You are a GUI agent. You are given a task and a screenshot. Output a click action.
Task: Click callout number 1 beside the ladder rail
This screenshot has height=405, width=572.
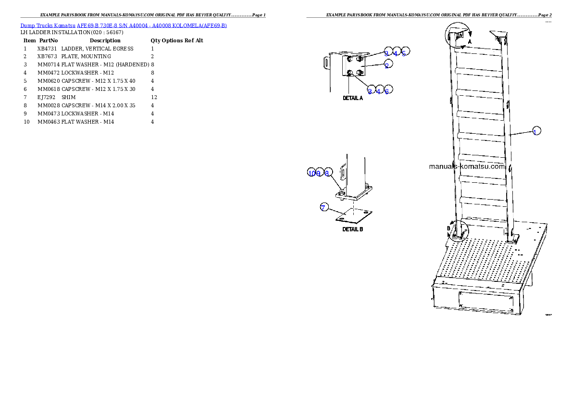click(536, 131)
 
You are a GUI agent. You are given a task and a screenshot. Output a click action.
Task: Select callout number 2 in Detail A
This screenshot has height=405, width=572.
click(387, 66)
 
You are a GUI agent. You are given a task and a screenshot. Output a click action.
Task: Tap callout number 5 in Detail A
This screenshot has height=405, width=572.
click(404, 53)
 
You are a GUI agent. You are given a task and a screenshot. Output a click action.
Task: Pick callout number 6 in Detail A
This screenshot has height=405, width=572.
click(387, 90)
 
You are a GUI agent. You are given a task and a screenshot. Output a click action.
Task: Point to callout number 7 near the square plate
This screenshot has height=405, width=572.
click(323, 207)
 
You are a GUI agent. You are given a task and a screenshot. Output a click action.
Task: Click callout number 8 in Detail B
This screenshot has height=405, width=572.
click(327, 173)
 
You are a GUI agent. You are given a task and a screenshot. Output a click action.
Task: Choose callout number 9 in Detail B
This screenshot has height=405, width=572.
click(319, 173)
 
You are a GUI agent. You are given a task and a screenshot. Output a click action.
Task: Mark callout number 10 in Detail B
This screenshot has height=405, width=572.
click(311, 173)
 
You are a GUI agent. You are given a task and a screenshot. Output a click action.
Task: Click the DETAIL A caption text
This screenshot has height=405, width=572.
click(353, 98)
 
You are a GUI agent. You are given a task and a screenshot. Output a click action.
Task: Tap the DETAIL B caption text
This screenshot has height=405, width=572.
click(352, 229)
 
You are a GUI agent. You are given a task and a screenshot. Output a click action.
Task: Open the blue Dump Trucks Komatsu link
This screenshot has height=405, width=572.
click(124, 25)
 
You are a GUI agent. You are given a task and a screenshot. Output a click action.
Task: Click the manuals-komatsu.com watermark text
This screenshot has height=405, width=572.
click(467, 167)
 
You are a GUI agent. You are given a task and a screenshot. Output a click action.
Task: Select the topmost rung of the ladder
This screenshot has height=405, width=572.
click(478, 50)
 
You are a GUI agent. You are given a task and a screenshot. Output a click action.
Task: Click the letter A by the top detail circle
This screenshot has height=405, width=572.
click(470, 42)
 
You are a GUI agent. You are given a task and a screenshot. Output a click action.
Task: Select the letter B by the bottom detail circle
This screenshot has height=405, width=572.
click(448, 228)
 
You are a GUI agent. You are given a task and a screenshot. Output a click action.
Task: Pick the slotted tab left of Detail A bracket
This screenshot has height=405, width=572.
click(326, 63)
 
